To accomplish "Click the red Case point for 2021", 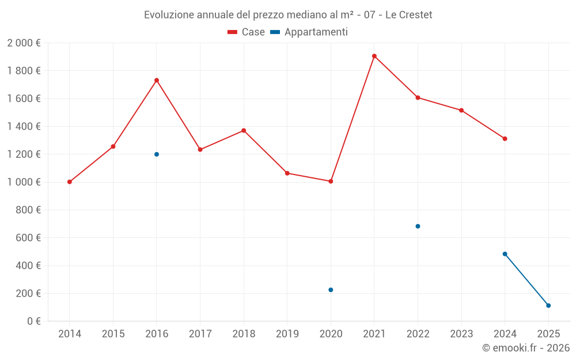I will coord(374,56).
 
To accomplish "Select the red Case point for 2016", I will coord(157,81).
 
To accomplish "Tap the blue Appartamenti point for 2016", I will coord(157,154).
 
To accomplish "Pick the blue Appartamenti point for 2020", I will coord(331,290).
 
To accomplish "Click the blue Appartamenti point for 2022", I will coord(418,226).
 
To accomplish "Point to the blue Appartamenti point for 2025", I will coord(548,305).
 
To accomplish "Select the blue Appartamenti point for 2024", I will coord(505,254).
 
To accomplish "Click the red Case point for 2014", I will coord(70,182).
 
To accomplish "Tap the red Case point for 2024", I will coord(505,139).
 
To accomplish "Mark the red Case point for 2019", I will coord(287,173).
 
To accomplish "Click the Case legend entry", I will coord(247,32).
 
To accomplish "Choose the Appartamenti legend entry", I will coord(309,32).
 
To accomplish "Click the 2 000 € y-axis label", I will coord(24,43).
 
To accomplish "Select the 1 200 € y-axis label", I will coord(24,154).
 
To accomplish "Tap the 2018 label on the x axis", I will coord(244,334).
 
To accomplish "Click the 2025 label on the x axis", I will coord(548,334).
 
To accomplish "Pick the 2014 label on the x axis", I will coord(70,334).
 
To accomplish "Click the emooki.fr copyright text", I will coord(525,348).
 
